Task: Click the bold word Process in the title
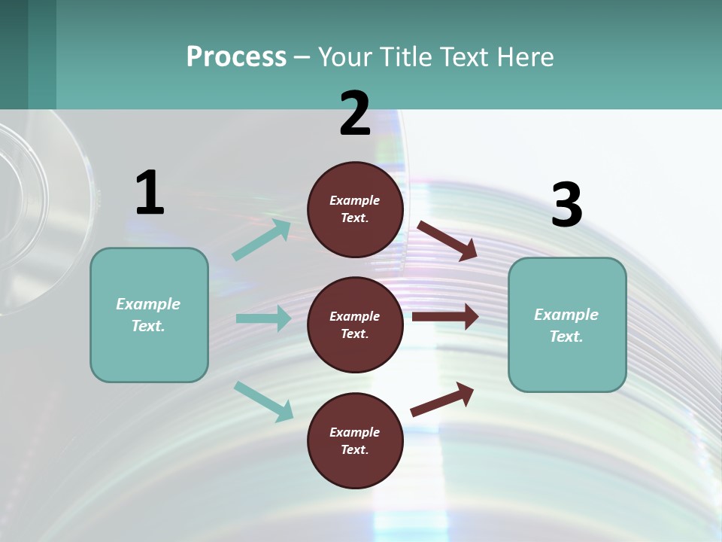pos(236,56)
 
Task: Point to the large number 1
pos(150,193)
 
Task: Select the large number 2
pos(355,114)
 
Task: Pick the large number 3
pos(566,205)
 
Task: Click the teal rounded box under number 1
pos(149,315)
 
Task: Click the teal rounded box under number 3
pos(567,324)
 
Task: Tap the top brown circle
pos(355,209)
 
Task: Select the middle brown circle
pos(355,324)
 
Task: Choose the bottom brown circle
pos(355,440)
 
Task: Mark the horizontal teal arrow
pos(263,318)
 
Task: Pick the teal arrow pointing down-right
pos(263,401)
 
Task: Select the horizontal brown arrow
pos(445,316)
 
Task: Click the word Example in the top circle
pos(355,200)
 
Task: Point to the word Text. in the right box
pos(566,336)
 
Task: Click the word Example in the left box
pos(148,304)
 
